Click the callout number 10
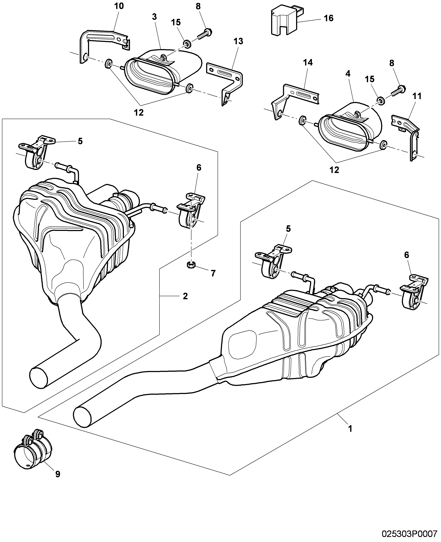click(x=119, y=6)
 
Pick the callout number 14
click(x=308, y=62)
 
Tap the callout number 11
click(x=417, y=96)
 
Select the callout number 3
click(x=154, y=17)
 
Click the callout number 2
click(x=185, y=296)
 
